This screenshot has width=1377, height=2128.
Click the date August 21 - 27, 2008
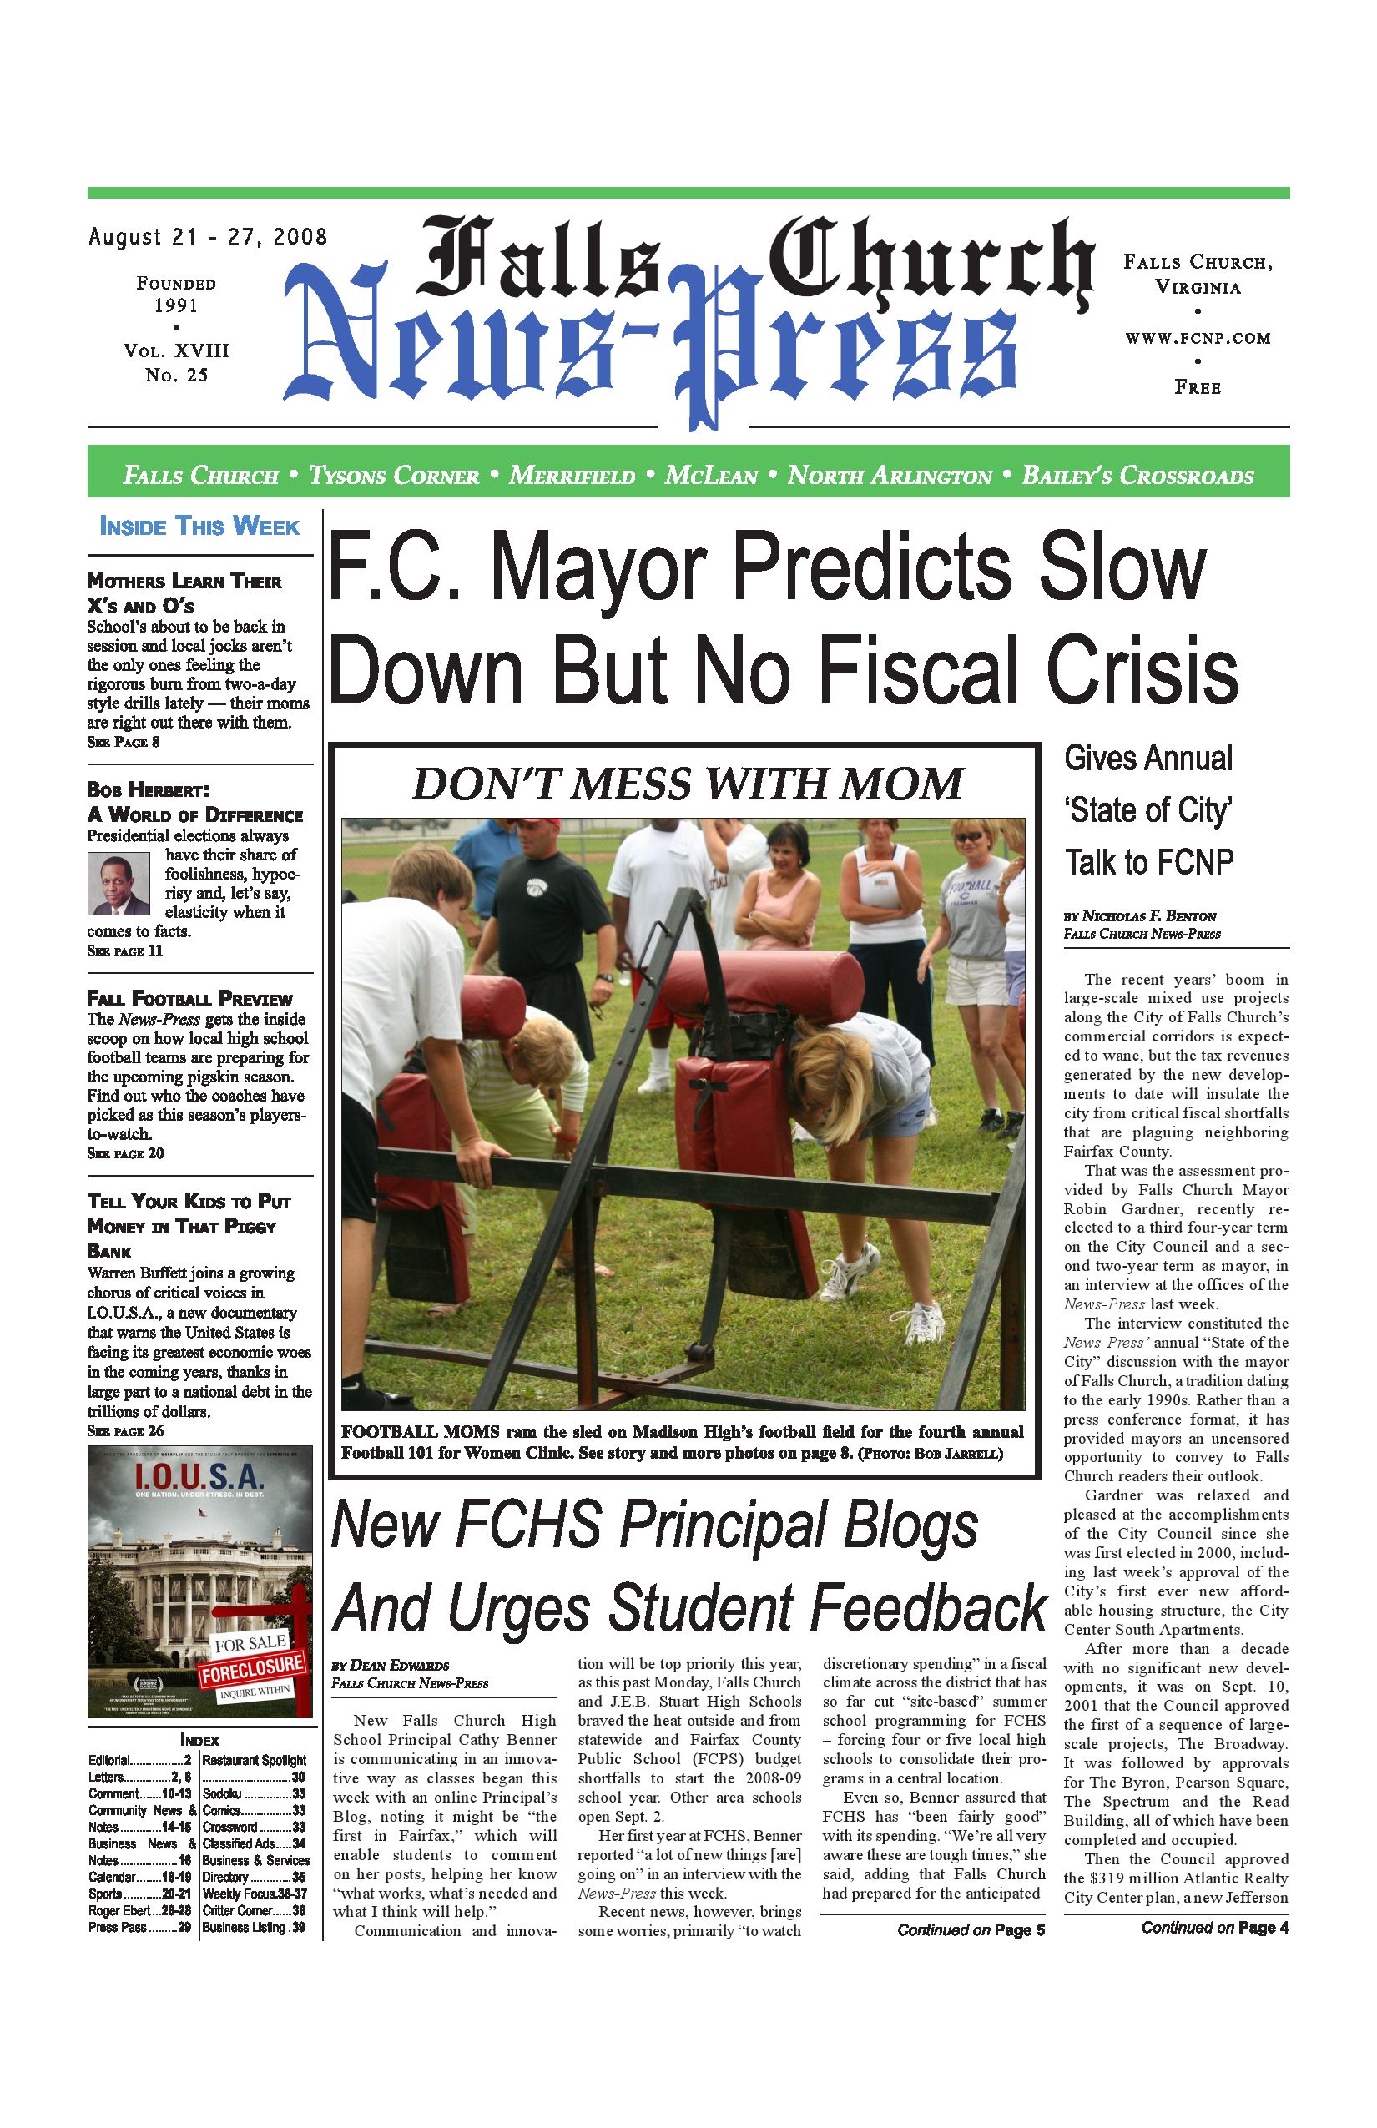[208, 237]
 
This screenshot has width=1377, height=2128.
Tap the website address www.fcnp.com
[1198, 338]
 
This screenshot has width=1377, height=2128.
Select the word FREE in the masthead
[1198, 387]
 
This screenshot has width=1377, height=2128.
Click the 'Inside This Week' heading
[199, 526]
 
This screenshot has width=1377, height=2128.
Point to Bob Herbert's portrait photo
[119, 884]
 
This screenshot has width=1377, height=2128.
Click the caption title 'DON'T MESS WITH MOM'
[687, 784]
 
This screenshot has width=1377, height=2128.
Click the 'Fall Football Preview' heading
[189, 998]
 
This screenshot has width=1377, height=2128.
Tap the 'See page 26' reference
[125, 1430]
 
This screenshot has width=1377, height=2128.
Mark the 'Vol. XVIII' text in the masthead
[176, 350]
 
